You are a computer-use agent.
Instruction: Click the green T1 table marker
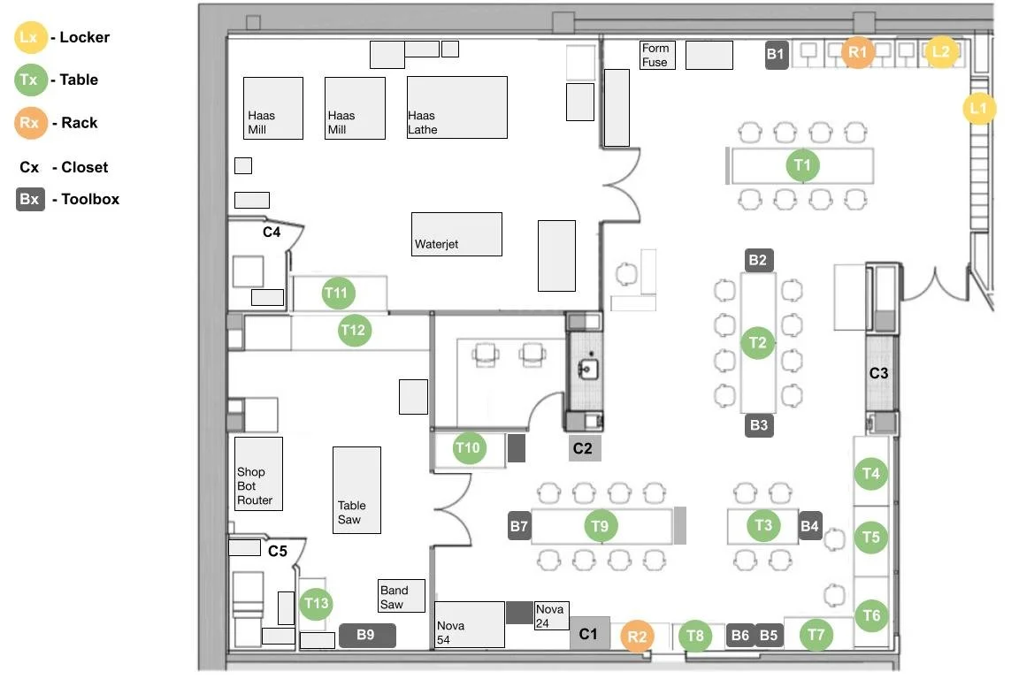pyautogui.click(x=802, y=165)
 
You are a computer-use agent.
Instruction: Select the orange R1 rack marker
pyautogui.click(x=857, y=52)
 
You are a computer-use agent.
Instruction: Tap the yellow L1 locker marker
pyautogui.click(x=978, y=108)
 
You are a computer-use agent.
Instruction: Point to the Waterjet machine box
pyautogui.click(x=456, y=234)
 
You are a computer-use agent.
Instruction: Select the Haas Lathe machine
pyautogui.click(x=456, y=107)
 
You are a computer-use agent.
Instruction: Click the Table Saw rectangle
pyautogui.click(x=356, y=490)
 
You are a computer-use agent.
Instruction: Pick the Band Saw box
pyautogui.click(x=402, y=596)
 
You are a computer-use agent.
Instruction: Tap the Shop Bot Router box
pyautogui.click(x=258, y=473)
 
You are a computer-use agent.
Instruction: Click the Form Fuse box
pyautogui.click(x=657, y=55)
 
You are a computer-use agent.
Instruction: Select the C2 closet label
pyautogui.click(x=584, y=449)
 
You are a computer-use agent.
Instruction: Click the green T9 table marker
pyautogui.click(x=601, y=527)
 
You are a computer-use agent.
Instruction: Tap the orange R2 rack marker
pyautogui.click(x=637, y=636)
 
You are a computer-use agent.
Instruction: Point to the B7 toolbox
pyautogui.click(x=519, y=527)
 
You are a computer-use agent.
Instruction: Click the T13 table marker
pyautogui.click(x=316, y=605)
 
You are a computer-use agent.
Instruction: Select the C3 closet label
pyautogui.click(x=878, y=373)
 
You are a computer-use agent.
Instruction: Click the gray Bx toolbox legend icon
pyautogui.click(x=29, y=199)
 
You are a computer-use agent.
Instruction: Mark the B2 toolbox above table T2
pyautogui.click(x=758, y=260)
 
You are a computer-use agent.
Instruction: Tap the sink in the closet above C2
pyautogui.click(x=585, y=366)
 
